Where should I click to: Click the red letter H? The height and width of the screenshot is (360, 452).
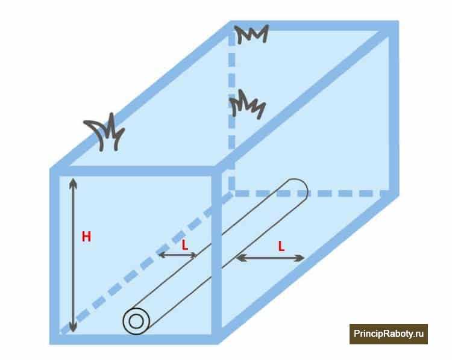pos(86,237)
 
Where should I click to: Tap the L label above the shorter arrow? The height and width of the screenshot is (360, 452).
pos(185,246)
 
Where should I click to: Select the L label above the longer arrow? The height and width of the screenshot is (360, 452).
pos(281,247)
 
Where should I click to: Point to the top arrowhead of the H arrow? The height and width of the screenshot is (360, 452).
pos(74,182)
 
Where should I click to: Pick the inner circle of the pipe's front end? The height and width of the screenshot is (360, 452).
pos(136,321)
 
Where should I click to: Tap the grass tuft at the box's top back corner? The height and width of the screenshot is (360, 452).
pos(251,34)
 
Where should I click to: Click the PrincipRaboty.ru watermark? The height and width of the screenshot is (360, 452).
pos(389,334)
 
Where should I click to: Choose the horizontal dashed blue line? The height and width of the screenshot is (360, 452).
pos(312,193)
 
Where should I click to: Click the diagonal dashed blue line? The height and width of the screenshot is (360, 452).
pos(146,264)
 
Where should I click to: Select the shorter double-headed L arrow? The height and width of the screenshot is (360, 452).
pos(178,255)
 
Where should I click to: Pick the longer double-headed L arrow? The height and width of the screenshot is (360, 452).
pos(270,258)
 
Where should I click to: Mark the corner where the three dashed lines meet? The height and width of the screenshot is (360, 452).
pos(232,193)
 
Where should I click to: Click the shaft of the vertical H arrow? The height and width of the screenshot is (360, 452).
pos(74,255)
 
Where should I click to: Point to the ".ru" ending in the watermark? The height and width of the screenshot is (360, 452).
pos(418,334)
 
